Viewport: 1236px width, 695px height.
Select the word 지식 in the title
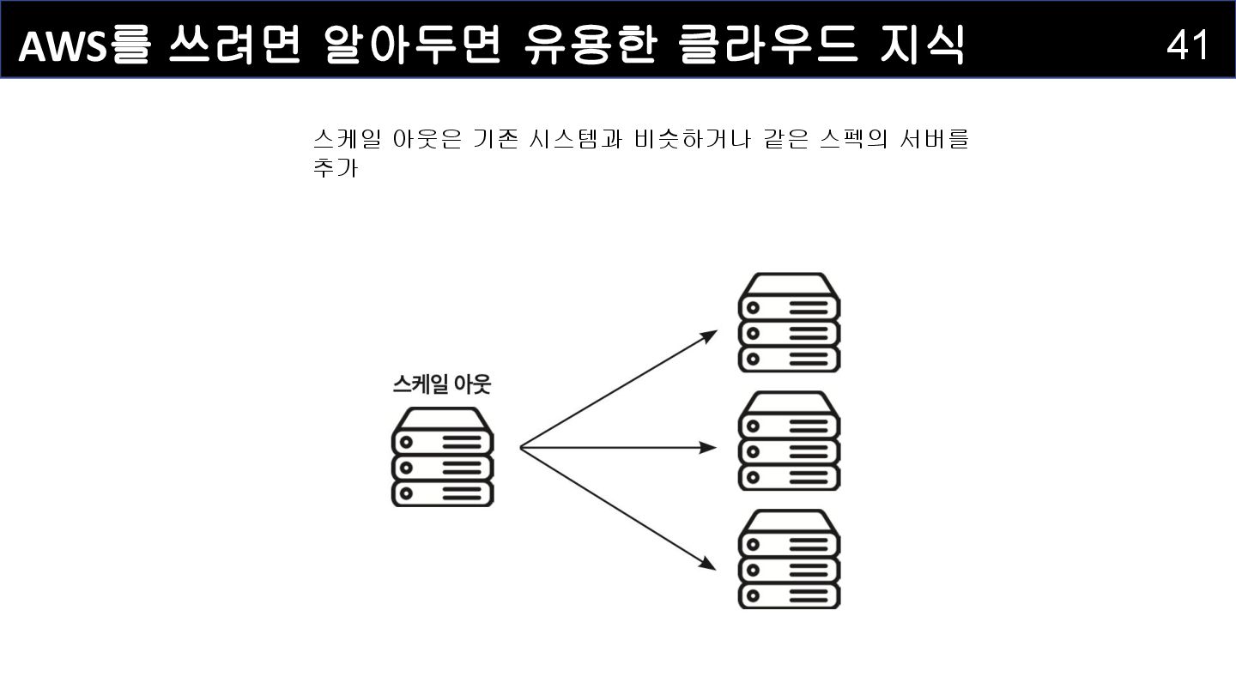pos(923,45)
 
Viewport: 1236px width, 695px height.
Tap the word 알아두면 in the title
pos(412,45)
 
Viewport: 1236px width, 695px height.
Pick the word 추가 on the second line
pos(336,168)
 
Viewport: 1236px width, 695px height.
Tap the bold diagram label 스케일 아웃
pos(440,384)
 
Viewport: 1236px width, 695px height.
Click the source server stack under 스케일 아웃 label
pos(442,456)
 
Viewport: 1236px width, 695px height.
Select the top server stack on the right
pos(789,323)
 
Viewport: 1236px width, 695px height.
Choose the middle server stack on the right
pos(789,441)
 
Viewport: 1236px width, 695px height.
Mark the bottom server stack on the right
pos(789,559)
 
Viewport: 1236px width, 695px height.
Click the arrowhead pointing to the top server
pos(710,335)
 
